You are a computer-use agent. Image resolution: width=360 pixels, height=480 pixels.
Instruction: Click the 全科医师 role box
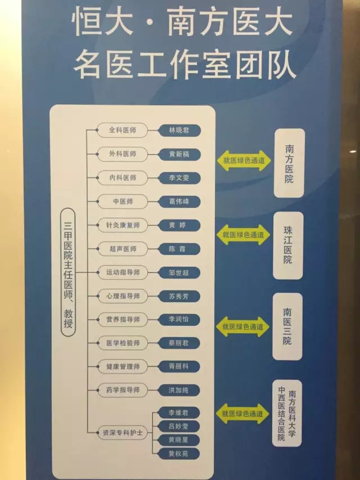[123, 131]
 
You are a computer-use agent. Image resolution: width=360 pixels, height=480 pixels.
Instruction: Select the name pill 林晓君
[179, 131]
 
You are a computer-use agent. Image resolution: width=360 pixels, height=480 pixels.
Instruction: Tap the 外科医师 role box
[123, 154]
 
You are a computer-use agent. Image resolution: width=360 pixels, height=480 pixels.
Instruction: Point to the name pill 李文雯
[179, 178]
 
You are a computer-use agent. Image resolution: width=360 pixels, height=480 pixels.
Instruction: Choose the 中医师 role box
[123, 201]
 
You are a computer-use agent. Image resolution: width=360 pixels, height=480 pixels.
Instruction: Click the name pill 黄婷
[179, 225]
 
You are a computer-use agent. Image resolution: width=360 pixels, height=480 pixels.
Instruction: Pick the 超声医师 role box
[123, 249]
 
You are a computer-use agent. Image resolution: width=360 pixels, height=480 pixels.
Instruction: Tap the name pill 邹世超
[179, 272]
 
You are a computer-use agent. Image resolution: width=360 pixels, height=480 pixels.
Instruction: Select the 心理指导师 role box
[123, 295]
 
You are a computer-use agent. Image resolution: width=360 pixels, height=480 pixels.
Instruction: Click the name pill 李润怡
[179, 319]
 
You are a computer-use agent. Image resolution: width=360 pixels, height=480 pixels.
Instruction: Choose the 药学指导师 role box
[123, 389]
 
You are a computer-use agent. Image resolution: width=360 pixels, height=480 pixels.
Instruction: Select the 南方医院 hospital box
[289, 163]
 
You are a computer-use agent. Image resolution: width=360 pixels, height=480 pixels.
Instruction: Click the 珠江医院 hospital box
[289, 245]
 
